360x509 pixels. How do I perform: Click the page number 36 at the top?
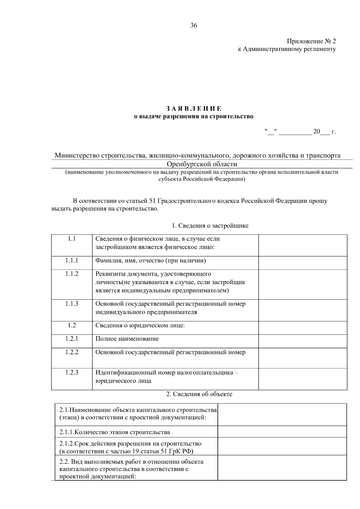pos(193,26)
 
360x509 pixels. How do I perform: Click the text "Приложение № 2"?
pos(311,41)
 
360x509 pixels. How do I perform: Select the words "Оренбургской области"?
pos(202,164)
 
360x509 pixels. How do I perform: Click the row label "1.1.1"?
pos(72,261)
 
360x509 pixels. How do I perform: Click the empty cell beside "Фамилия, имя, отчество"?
pos(303,263)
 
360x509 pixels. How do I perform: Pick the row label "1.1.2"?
pos(72,274)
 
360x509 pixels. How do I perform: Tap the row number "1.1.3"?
pos(72,304)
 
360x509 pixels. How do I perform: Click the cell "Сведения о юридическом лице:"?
pos(140,325)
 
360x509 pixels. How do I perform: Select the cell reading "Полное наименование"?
pos(127,339)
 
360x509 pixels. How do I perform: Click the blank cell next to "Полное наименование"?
pos(303,341)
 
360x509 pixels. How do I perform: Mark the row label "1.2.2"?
pos(72,352)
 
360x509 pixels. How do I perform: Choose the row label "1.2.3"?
pos(72,373)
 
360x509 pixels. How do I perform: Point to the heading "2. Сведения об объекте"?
pos(199,394)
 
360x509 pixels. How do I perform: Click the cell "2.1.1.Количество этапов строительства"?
pos(115,432)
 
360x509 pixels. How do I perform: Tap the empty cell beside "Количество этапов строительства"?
pos(282,432)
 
